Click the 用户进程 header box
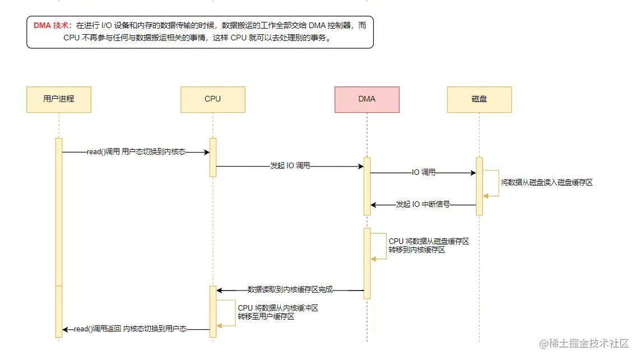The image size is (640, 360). (x=59, y=99)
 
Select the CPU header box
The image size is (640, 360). (x=213, y=99)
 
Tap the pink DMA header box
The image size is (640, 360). (x=367, y=99)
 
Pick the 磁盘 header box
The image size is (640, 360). (x=479, y=99)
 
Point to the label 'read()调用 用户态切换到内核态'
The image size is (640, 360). (x=136, y=152)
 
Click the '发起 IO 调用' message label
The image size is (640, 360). (x=290, y=167)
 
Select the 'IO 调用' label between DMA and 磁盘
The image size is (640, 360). (x=424, y=173)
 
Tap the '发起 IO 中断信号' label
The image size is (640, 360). (x=423, y=205)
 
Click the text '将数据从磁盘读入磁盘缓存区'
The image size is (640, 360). (x=546, y=183)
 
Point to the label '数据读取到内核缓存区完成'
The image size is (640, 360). (x=290, y=290)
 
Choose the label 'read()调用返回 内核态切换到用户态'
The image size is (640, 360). (x=131, y=329)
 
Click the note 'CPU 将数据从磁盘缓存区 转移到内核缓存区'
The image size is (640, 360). (x=429, y=246)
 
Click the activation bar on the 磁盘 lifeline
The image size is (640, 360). (x=479, y=185)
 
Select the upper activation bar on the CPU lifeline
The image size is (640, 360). (x=213, y=157)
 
